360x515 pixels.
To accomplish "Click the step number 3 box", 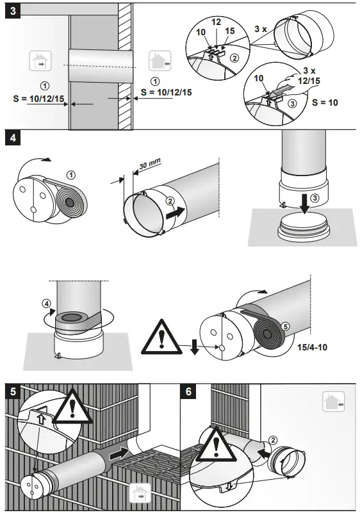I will coord(12,12).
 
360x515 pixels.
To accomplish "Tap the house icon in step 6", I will coord(333,403).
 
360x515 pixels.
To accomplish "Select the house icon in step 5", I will coord(140,493).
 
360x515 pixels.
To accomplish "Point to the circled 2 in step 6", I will coord(274,439).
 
